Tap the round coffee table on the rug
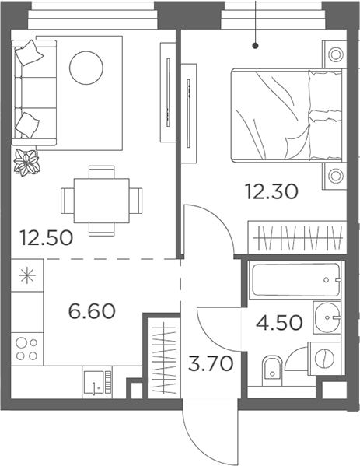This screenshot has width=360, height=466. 86,68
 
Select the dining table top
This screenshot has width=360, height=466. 103,199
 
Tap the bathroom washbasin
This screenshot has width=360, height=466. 328,318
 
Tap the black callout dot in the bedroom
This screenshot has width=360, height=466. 255,45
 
